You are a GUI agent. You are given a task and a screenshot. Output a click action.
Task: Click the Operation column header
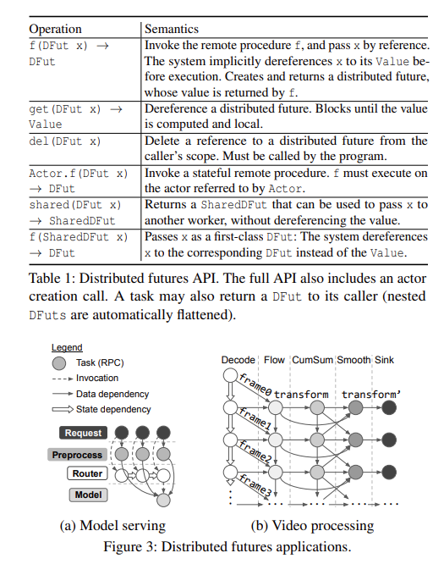55,29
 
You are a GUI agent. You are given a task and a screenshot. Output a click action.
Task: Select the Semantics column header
172,29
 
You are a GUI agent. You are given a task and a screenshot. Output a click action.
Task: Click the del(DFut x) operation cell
64,141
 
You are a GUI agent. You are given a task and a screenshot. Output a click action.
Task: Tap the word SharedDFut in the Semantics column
234,205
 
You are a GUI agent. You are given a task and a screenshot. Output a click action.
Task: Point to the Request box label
84,433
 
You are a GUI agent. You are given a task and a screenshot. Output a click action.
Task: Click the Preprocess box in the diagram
77,455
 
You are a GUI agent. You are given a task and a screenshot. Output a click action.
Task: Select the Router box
87,473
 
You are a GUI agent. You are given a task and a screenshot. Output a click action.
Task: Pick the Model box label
88,495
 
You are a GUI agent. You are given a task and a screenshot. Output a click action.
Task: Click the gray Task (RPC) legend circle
59,363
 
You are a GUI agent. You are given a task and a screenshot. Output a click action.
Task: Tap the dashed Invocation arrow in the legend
63,379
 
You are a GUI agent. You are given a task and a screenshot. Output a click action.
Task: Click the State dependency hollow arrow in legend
63,409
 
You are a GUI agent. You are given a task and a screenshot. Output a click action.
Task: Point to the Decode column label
238,360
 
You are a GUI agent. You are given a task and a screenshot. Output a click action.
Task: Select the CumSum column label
313,360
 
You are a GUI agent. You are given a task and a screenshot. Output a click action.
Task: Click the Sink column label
384,360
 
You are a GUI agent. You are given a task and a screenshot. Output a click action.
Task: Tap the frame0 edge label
255,384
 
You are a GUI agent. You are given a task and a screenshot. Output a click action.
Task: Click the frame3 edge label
255,485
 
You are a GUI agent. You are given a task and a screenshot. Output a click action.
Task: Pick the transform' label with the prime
371,395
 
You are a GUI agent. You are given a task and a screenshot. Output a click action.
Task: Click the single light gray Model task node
163,500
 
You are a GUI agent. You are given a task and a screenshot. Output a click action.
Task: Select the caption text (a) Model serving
112,526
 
